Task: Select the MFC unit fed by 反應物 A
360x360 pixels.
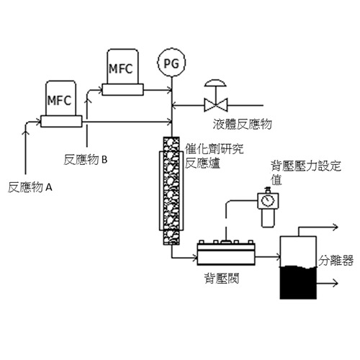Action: tap(61, 104)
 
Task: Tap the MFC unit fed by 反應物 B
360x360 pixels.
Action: tap(122, 72)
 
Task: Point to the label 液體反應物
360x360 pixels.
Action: tap(242, 124)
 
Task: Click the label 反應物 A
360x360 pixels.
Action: tap(30, 187)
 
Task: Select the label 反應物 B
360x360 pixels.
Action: tap(86, 160)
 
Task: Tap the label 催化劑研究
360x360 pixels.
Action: tap(214, 149)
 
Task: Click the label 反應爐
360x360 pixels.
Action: tap(203, 163)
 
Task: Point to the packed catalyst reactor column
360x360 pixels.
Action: tap(171, 191)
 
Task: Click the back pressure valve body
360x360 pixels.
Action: tap(226, 253)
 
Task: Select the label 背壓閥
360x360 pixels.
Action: tap(222, 279)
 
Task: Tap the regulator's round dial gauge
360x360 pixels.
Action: tap(268, 200)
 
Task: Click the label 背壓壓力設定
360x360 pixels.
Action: tap(306, 166)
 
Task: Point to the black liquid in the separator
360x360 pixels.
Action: tap(298, 282)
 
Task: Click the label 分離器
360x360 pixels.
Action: tap(336, 261)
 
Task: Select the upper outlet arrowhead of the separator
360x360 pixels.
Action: tap(336, 227)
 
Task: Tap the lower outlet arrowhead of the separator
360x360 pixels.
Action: tap(336, 283)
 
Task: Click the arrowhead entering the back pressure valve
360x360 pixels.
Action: tap(194, 258)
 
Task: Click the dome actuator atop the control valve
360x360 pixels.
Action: tap(215, 83)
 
